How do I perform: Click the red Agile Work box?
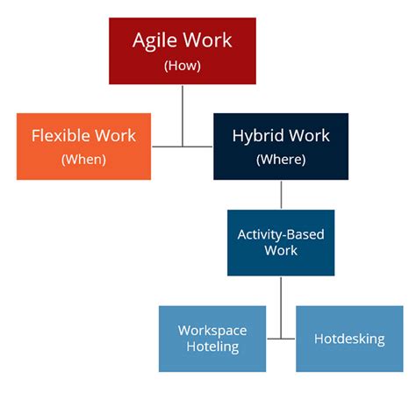[182, 50]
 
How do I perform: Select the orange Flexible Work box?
[83, 146]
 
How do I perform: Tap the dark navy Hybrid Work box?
[281, 146]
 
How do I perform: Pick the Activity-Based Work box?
[281, 242]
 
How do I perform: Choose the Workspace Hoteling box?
[212, 338]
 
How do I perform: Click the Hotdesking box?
[348, 338]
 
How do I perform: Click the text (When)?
[83, 160]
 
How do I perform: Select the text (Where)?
[281, 160]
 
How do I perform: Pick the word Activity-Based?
[281, 234]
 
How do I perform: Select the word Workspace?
[212, 330]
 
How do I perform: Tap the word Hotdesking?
[348, 338]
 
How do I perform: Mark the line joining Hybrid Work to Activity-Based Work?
[281, 194]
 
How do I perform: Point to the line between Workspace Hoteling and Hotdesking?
[281, 338]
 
